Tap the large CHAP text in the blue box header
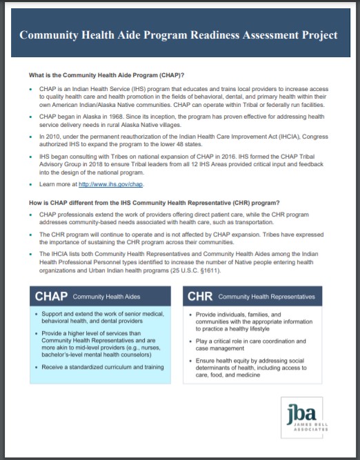pos(52,296)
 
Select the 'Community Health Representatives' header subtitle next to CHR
pos(266,297)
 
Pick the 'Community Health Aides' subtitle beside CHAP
pos(108,297)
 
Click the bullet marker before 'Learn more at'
pos(32,184)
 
